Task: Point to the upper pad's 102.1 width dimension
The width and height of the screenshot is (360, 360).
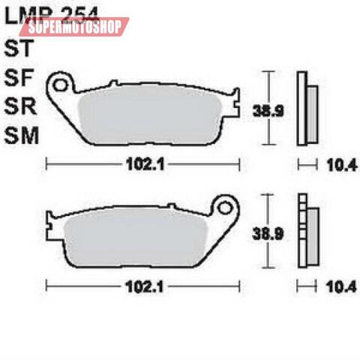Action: pos(140,163)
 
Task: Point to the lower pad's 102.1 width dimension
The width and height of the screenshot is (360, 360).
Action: pos(140,286)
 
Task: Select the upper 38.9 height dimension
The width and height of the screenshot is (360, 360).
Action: pos(258,110)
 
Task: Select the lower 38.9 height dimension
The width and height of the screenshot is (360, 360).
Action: pos(258,233)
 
